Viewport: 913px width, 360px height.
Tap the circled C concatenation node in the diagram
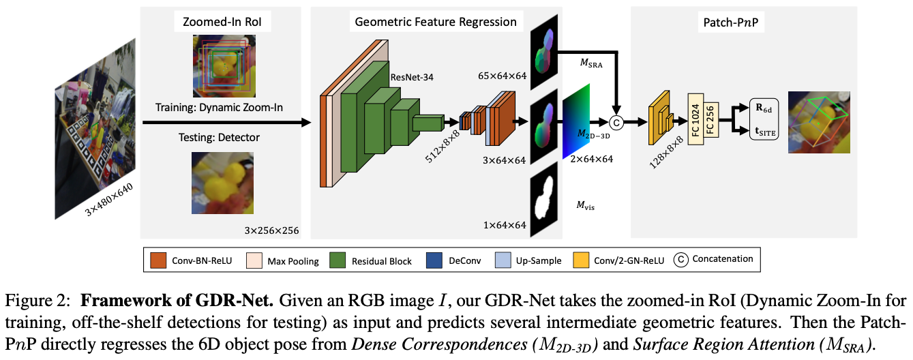point(616,123)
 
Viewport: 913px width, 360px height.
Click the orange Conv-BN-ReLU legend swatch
point(161,260)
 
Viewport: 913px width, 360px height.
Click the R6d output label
point(764,108)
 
